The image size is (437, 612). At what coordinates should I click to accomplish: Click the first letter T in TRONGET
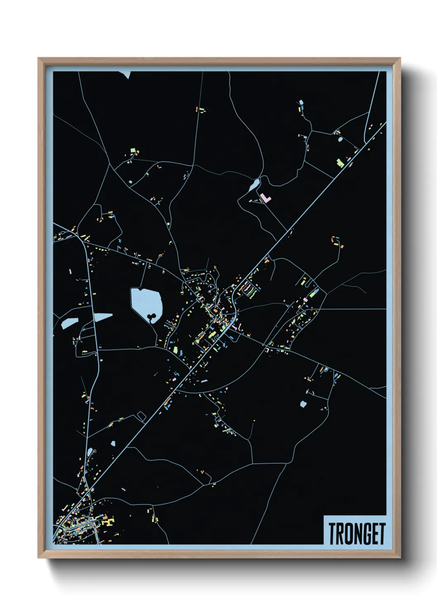[332, 534]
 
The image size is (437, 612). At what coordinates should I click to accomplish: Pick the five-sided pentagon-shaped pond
[303, 404]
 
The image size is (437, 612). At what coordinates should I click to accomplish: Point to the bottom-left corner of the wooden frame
[38, 558]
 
